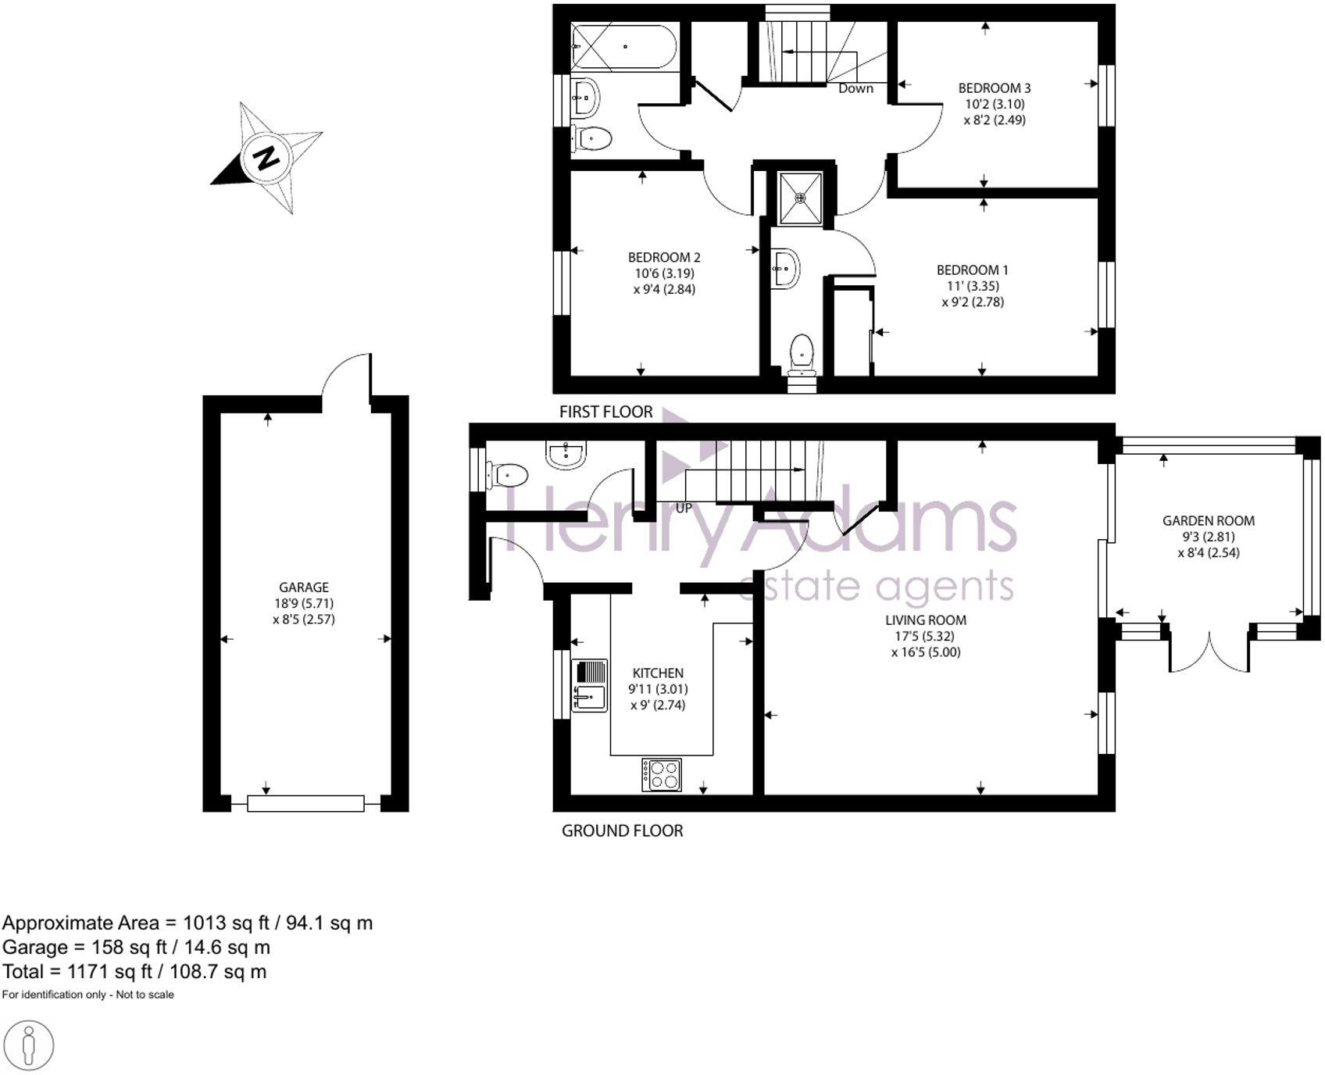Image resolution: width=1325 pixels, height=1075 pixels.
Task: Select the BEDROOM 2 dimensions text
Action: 664,281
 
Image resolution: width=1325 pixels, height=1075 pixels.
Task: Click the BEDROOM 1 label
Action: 972,270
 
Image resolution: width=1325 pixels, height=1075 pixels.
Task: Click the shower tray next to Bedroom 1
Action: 800,198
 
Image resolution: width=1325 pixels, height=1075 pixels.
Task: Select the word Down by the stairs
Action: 855,88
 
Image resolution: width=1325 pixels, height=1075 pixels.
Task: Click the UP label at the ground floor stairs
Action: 684,508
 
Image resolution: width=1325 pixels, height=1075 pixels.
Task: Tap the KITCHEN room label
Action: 658,673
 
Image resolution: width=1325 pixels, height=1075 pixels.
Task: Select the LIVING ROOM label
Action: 925,620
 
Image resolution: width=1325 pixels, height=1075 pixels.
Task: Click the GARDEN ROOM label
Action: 1208,521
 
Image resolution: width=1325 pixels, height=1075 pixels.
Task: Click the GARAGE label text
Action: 303,587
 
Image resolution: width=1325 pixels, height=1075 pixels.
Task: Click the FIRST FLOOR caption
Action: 605,412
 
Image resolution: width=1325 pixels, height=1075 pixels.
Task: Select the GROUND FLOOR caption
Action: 622,830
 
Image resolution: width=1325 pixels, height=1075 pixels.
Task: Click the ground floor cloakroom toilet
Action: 509,474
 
